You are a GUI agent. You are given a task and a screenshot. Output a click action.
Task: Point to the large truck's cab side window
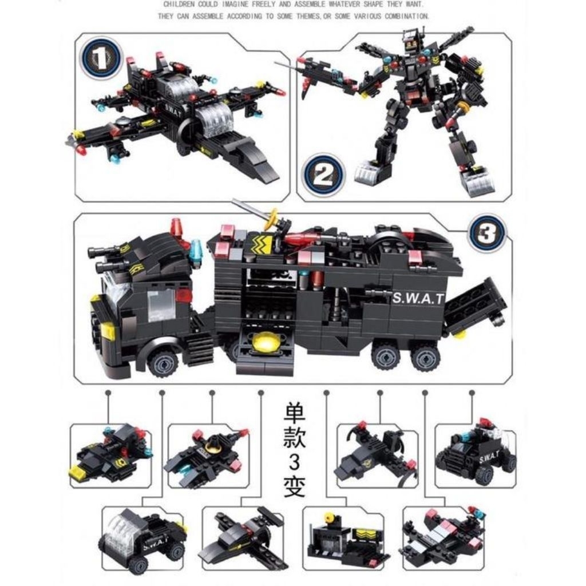click(161, 304)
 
